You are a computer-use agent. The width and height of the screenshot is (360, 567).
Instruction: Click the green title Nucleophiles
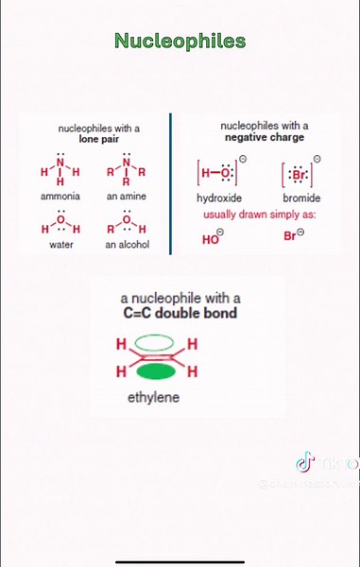coord(180,41)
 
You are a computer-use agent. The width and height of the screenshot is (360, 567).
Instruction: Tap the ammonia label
coord(60,197)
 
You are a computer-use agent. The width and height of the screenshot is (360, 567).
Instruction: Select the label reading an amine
coord(126,197)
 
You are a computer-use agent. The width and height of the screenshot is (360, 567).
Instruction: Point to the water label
coord(60,245)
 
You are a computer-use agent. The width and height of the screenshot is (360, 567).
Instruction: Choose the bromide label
coord(301,198)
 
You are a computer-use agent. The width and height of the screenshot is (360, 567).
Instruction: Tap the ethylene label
coord(153,398)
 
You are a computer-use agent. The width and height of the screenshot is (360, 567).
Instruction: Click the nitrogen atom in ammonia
coord(60,163)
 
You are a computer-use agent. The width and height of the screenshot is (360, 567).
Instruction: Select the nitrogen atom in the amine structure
coord(126,163)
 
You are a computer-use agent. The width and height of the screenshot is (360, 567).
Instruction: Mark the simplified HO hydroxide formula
coord(213,237)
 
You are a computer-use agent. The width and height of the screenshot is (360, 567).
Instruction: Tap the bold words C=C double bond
coord(180,313)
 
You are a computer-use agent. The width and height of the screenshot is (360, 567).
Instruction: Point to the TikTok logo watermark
coord(303,462)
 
